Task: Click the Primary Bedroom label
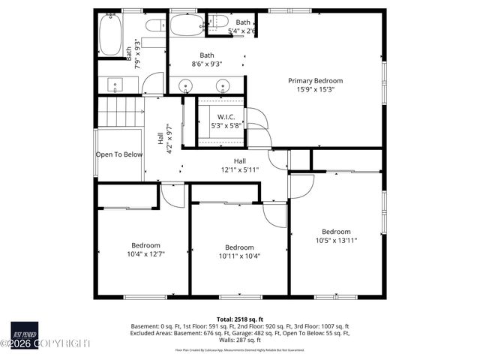click(x=316, y=80)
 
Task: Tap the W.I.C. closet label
click(x=226, y=117)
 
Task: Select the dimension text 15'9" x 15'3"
click(x=316, y=89)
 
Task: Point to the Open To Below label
click(x=118, y=154)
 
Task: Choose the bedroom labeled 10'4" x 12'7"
click(x=145, y=250)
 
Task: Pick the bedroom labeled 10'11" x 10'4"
click(x=239, y=251)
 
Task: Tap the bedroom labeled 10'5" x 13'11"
click(x=336, y=236)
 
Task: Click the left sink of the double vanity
click(x=185, y=85)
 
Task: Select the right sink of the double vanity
click(x=223, y=85)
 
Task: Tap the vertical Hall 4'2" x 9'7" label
click(x=164, y=139)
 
